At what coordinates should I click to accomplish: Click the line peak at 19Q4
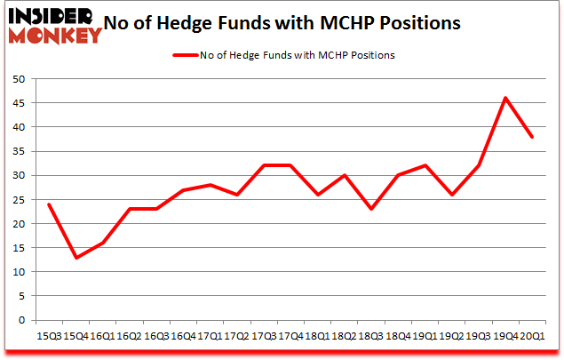pos(505,98)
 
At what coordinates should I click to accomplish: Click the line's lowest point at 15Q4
pos(75,258)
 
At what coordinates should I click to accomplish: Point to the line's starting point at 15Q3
pos(49,204)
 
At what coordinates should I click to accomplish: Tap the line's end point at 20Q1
pos(532,137)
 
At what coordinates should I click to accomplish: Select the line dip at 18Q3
pos(371,209)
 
